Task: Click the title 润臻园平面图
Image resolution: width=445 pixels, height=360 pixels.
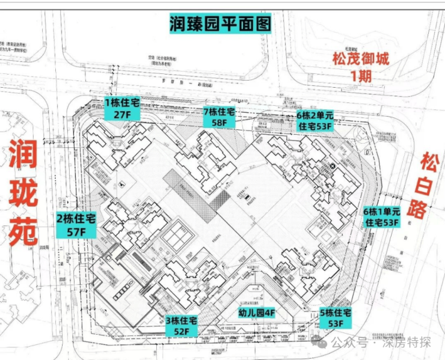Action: click(221, 24)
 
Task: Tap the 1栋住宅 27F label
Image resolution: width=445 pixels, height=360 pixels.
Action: click(122, 108)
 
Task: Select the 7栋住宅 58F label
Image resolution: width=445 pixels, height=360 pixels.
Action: click(219, 118)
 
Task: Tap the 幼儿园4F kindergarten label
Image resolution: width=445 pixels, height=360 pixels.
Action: click(255, 313)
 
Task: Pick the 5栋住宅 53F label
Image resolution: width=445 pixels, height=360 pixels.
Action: click(336, 319)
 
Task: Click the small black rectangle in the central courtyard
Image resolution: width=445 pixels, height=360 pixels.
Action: click(246, 198)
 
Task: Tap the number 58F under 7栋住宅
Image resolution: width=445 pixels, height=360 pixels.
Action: click(219, 123)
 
